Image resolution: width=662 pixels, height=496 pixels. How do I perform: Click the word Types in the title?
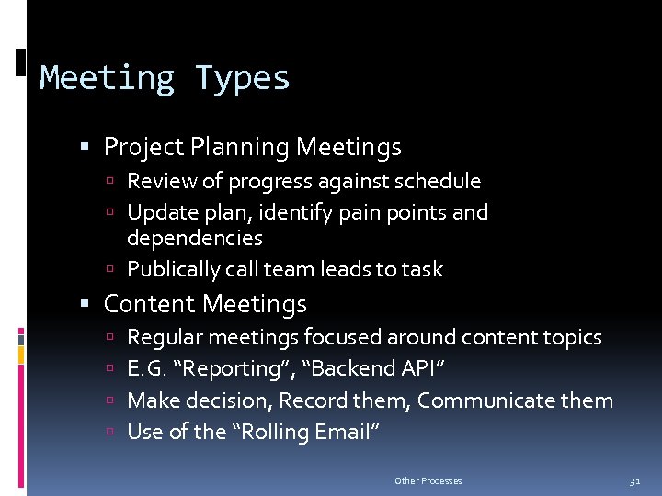point(242,79)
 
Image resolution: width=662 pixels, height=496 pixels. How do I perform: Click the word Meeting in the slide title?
point(107,79)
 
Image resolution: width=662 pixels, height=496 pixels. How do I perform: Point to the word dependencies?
point(194,239)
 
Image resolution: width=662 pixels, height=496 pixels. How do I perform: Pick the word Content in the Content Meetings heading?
point(150,304)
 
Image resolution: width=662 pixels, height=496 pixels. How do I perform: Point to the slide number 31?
point(634,481)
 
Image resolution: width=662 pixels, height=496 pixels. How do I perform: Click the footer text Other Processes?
point(428,481)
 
